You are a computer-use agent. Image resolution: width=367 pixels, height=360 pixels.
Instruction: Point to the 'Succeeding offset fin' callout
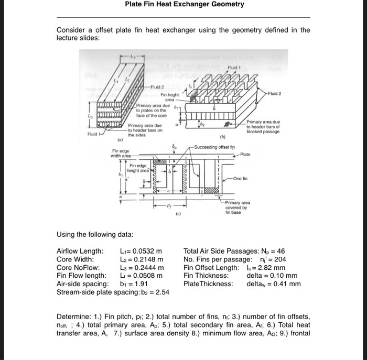215,147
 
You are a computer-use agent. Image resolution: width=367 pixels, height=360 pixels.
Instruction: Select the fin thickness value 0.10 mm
285,276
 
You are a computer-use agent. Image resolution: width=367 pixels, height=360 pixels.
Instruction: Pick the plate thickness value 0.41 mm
287,284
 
